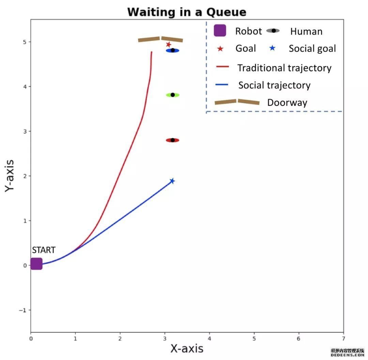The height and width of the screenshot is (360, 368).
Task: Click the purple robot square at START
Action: point(36,264)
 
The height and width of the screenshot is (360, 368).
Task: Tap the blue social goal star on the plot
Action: point(172,181)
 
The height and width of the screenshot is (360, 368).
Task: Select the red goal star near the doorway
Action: point(168,45)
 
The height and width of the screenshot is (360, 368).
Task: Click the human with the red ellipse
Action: point(172,140)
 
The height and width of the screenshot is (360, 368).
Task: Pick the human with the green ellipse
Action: point(172,95)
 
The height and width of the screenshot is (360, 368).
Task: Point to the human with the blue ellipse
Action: point(172,50)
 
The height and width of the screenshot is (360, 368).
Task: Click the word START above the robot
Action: point(44,250)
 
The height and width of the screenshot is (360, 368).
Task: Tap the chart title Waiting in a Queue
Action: point(187,12)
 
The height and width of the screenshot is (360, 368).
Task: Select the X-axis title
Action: point(187,348)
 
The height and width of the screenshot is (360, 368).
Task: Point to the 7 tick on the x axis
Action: point(343,339)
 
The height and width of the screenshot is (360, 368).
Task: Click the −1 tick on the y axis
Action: point(24,310)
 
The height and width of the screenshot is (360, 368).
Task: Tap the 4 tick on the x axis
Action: point(209,339)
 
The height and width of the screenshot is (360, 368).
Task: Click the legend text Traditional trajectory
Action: point(284,68)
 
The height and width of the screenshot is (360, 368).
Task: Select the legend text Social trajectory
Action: point(274,85)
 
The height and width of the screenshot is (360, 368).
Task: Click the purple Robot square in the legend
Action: point(220,31)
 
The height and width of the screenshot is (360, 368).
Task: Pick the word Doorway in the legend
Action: point(287,103)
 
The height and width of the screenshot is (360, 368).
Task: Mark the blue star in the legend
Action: point(272,48)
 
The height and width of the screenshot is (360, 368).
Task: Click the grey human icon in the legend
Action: point(273,31)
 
